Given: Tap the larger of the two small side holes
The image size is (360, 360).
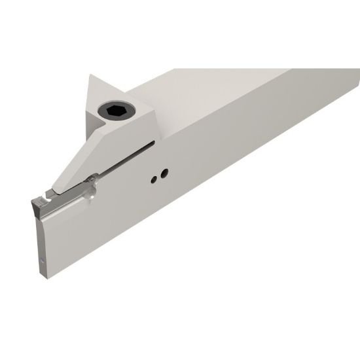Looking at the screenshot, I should tap(164, 173).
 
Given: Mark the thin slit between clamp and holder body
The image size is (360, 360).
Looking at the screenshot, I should tap(124, 157).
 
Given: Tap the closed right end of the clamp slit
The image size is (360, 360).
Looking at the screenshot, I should tap(154, 141).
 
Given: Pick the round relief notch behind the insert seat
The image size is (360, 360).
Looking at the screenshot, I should tap(92, 190).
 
